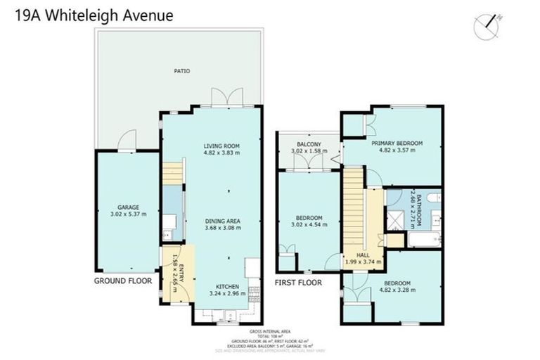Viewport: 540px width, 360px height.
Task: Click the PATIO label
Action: click(x=182, y=71)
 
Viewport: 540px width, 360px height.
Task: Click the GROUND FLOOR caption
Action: click(x=123, y=281)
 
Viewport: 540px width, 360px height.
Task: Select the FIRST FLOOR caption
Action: click(x=297, y=283)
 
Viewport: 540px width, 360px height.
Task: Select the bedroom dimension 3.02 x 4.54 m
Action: click(x=308, y=226)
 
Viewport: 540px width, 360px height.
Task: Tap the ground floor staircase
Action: click(x=172, y=173)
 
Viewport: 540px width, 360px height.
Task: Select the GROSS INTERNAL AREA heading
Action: click(x=270, y=331)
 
